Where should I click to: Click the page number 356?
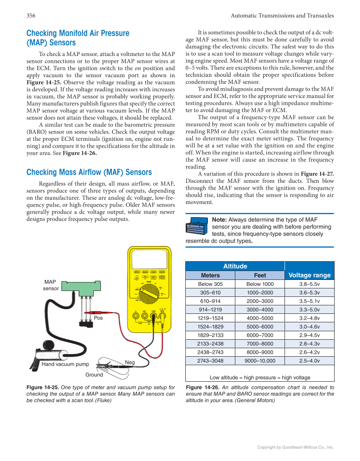click(31, 16)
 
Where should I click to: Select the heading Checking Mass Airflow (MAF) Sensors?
click(89, 172)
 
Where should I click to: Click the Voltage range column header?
click(309, 275)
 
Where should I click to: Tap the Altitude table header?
click(235, 266)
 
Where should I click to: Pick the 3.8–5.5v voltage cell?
click(309, 284)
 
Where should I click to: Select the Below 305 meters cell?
click(210, 284)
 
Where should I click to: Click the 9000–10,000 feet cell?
click(260, 361)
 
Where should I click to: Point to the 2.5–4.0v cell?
click(309, 361)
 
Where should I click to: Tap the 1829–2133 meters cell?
click(210, 335)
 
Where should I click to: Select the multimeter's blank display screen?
click(148, 257)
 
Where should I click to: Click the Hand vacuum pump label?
click(65, 364)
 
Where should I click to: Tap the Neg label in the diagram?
click(130, 362)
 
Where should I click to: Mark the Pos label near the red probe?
click(98, 318)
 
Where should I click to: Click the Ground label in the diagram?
click(94, 374)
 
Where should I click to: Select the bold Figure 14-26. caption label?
click(202, 387)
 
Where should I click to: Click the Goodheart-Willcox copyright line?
click(296, 447)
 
